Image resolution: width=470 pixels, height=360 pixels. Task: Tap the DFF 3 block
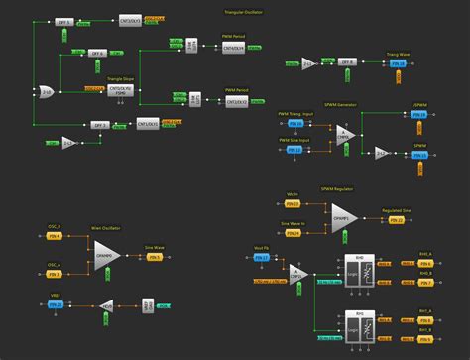click(x=100, y=125)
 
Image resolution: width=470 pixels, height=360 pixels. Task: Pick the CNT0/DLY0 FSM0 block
click(x=124, y=90)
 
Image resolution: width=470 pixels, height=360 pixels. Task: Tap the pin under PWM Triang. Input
click(x=292, y=124)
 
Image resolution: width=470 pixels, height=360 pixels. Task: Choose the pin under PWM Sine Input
click(x=292, y=150)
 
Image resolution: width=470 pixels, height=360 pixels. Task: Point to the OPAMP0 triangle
click(x=106, y=256)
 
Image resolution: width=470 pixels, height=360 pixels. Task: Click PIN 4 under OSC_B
click(x=55, y=236)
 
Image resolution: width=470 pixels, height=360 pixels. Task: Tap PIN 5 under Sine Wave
click(x=154, y=256)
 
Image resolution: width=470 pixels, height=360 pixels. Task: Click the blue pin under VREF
click(x=57, y=304)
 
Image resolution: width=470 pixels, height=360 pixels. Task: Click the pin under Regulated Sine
click(x=397, y=218)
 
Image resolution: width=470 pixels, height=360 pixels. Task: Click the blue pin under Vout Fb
click(x=263, y=258)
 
